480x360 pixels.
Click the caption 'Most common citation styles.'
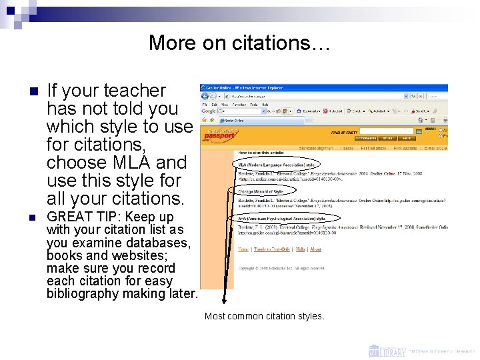coord(265,316)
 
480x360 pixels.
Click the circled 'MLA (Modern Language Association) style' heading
coord(277,163)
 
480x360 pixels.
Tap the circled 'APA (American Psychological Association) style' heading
coord(283,218)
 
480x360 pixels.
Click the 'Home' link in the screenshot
coord(243,249)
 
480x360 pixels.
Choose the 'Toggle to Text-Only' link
coord(272,249)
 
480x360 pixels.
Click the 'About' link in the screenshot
coord(315,249)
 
